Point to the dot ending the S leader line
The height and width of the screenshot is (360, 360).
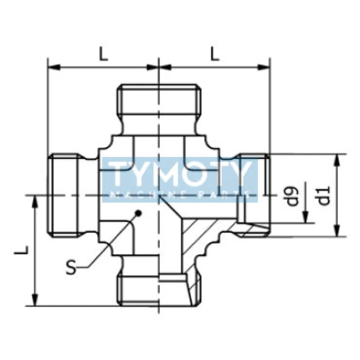pyautogui.click(x=139, y=214)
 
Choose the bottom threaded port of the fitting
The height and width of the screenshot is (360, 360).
pyautogui.click(x=158, y=288)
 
